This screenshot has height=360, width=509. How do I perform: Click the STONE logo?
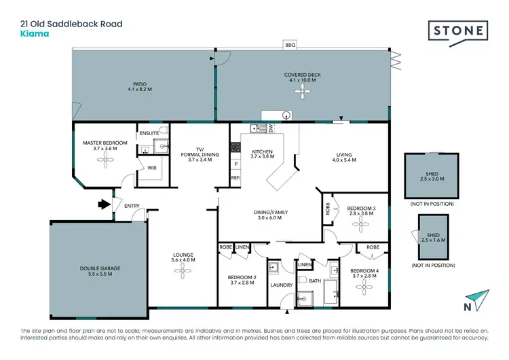pos(458,31)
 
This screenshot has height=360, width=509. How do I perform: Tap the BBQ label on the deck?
pos(290,45)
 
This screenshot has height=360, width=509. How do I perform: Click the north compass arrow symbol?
pos(478,300)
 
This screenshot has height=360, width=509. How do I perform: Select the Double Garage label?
pos(100,268)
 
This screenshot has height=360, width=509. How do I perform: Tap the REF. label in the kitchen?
pos(235,178)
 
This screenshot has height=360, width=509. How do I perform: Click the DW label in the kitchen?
pos(270,127)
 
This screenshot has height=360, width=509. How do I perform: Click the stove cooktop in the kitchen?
pos(235,146)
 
